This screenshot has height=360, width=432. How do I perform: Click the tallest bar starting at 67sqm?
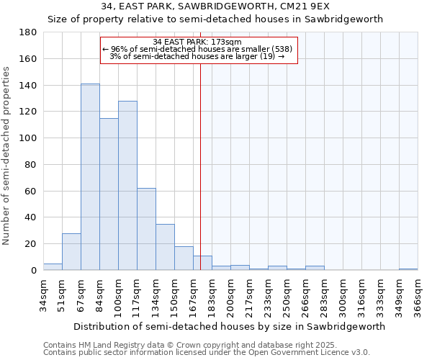click(x=90, y=177)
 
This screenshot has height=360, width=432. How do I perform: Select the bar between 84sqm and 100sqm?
click(x=109, y=194)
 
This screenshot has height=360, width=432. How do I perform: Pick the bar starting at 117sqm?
click(x=146, y=229)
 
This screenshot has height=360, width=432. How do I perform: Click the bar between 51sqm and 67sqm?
click(x=71, y=252)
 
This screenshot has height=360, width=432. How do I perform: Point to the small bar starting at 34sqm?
click(x=53, y=267)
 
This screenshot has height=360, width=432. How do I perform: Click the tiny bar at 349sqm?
click(x=408, y=269)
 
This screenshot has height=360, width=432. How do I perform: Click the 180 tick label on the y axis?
click(x=29, y=32)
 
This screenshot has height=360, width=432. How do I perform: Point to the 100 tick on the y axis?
click(x=29, y=138)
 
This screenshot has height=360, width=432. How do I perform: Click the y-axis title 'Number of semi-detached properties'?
click(x=7, y=155)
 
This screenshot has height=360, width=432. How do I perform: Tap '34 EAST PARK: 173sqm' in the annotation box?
click(x=198, y=42)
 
